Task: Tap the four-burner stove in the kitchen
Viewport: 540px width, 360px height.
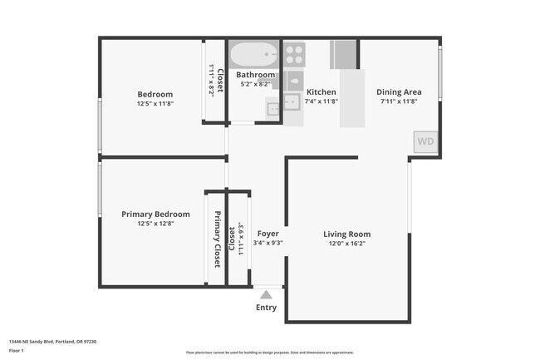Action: pyautogui.click(x=294, y=54)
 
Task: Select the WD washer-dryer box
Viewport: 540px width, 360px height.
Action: pyautogui.click(x=425, y=141)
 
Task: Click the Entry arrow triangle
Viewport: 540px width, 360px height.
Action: pyautogui.click(x=266, y=293)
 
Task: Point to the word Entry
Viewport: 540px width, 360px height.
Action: pyautogui.click(x=266, y=308)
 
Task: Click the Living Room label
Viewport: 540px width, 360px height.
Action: pyautogui.click(x=346, y=234)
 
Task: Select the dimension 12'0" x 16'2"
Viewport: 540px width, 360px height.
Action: pyautogui.click(x=346, y=244)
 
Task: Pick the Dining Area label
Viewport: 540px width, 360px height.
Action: pyautogui.click(x=400, y=92)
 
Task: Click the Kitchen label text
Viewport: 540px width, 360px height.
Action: pyautogui.click(x=321, y=92)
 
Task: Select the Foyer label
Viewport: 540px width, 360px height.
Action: pyautogui.click(x=268, y=234)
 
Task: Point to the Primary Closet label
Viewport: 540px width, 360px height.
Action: pyautogui.click(x=218, y=239)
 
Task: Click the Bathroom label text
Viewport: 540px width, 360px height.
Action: pyautogui.click(x=256, y=75)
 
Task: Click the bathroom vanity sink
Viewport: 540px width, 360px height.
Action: pyautogui.click(x=272, y=108)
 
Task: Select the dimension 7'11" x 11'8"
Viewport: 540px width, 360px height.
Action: pyautogui.click(x=400, y=101)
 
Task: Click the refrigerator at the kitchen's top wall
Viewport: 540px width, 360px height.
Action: pyautogui.click(x=343, y=54)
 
